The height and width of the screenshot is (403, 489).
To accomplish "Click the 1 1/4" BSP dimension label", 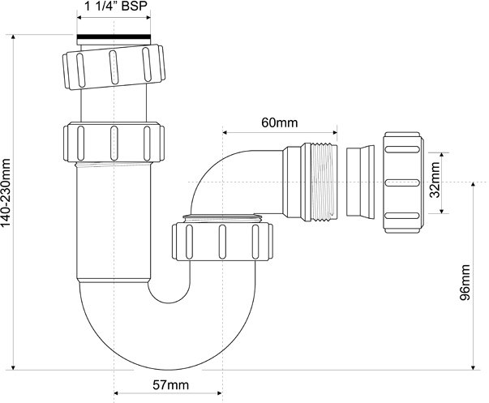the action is tap(116, 6).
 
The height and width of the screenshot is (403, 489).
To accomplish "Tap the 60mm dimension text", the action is tap(280, 122).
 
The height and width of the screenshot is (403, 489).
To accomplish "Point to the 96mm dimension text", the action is tap(465, 282).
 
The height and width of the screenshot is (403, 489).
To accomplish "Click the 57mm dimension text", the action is tap(170, 385).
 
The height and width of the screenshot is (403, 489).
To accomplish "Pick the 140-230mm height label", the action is tap(6, 193).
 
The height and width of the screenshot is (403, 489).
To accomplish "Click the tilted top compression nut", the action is tap(114, 67).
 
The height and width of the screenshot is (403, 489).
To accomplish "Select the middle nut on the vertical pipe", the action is tap(114, 142).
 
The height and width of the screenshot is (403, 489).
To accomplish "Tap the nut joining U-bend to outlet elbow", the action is tap(222, 241).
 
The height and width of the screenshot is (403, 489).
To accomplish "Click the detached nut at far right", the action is tap(403, 182).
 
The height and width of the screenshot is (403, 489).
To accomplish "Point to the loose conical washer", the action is tap(360, 182).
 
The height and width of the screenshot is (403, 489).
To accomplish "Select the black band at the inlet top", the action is tap(114, 36).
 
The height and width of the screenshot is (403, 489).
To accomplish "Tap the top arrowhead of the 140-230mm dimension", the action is tap(13, 36).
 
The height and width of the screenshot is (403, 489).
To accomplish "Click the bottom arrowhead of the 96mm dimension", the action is tap(474, 367).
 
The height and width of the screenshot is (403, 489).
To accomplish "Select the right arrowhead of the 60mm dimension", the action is tap(335, 132).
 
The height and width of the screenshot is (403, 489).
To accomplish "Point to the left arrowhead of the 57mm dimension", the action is tap(117, 392).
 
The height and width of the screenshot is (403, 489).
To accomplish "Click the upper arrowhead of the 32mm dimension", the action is tap(441, 156).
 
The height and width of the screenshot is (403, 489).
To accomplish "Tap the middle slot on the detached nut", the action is tap(401, 182).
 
